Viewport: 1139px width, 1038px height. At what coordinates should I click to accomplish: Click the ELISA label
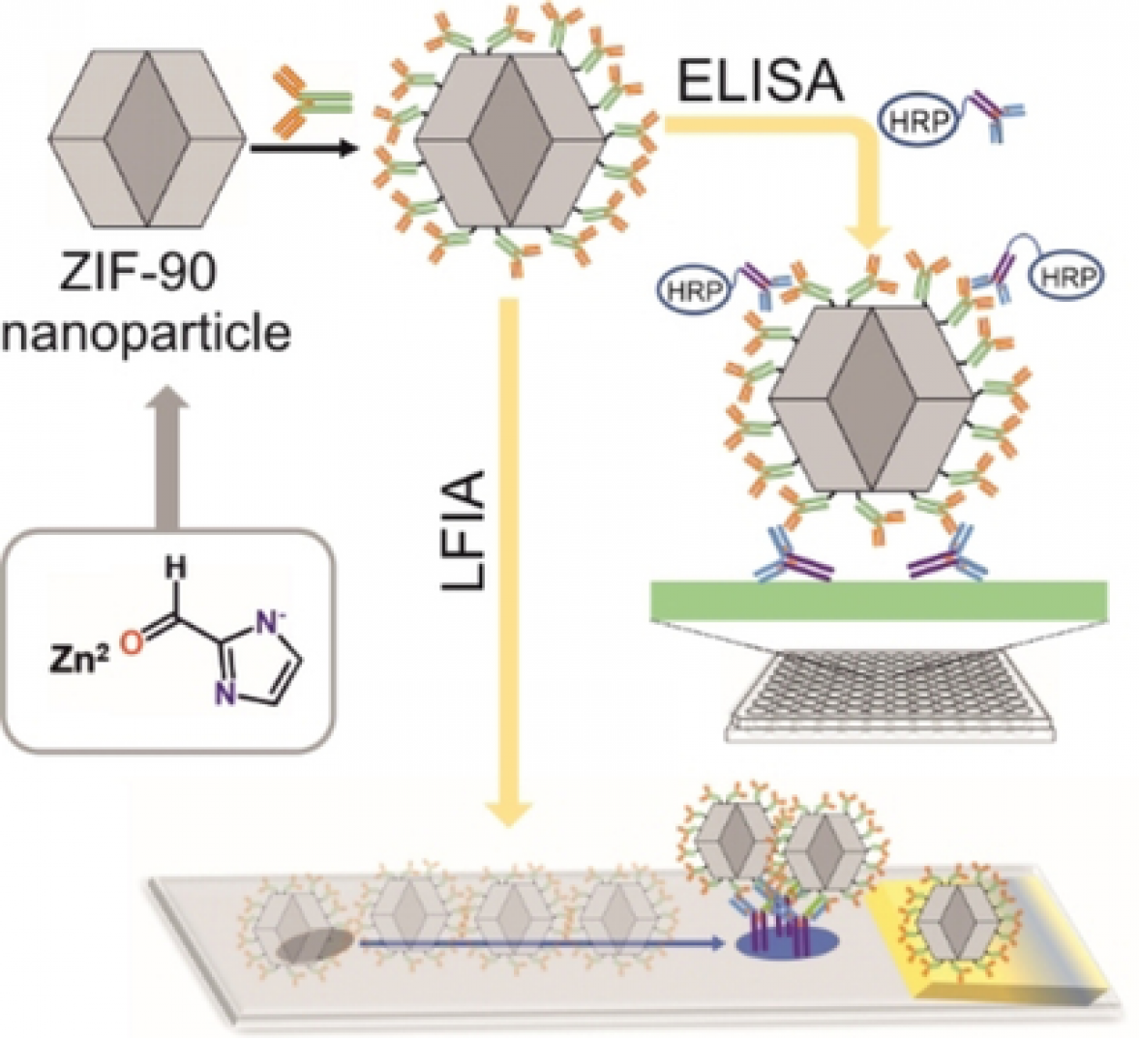(760, 85)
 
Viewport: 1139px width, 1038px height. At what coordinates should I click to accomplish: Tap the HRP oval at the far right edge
(1066, 279)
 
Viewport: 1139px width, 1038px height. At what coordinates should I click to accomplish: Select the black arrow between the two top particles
(300, 149)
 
